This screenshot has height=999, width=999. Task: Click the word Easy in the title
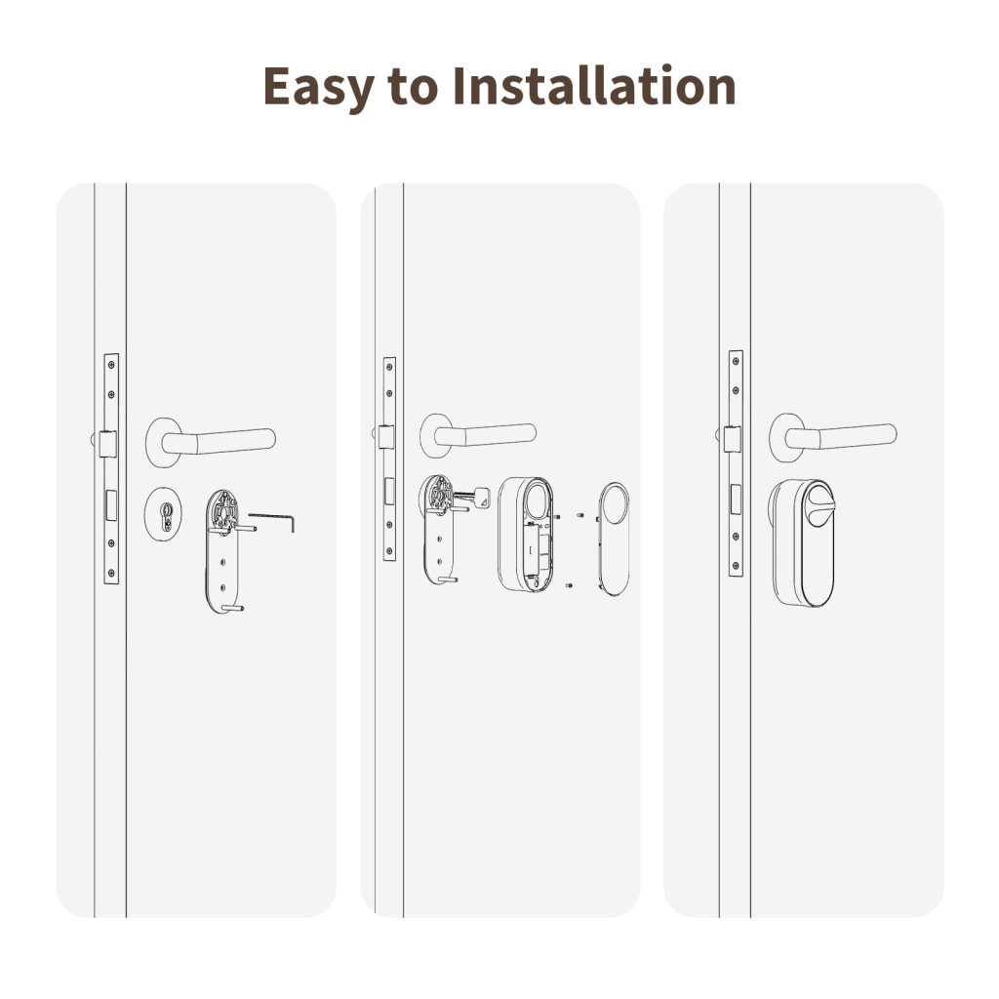coord(317,87)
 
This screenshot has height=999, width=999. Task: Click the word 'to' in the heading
coord(413,89)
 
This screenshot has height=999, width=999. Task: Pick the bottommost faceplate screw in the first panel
coord(111,573)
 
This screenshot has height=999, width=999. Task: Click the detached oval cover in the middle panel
coord(614,538)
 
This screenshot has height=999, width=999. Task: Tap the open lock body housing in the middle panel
coord(526,534)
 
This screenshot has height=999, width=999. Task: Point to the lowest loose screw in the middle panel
coord(569,585)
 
